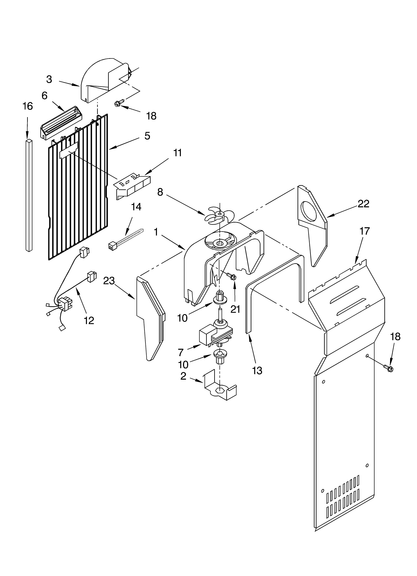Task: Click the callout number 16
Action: pos(28,106)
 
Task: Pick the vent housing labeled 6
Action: pos(61,123)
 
